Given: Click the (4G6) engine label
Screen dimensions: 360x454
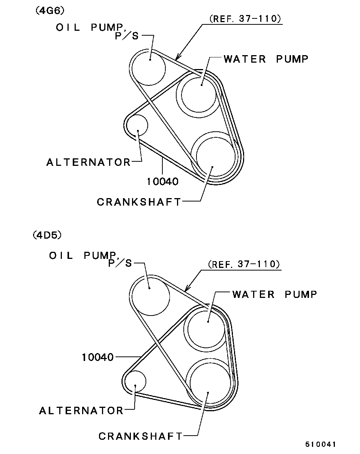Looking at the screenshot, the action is pyautogui.click(x=50, y=11).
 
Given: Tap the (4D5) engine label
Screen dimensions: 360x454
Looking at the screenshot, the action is pyautogui.click(x=47, y=235).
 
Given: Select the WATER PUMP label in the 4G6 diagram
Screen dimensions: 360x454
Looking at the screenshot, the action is pyautogui.click(x=266, y=59).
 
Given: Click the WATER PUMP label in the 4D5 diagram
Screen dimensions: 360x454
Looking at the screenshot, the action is pyautogui.click(x=274, y=295).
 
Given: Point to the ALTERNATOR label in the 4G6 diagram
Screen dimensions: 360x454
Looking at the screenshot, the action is pyautogui.click(x=88, y=162).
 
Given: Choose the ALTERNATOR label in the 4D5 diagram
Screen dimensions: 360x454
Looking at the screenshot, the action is pyautogui.click(x=81, y=411).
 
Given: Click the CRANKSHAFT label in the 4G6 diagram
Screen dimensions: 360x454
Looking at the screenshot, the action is pyautogui.click(x=139, y=202).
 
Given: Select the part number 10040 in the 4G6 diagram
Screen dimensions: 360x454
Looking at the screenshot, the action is pyautogui.click(x=163, y=182).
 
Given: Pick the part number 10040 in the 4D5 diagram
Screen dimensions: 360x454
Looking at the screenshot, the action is pyautogui.click(x=97, y=357).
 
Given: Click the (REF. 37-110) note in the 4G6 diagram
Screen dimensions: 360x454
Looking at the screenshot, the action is pyautogui.click(x=245, y=19).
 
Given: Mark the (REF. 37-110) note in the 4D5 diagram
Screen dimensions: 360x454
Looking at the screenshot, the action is pyautogui.click(x=244, y=264).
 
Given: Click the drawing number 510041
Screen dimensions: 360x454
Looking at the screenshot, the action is pyautogui.click(x=320, y=445).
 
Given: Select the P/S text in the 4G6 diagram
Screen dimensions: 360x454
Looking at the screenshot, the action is pyautogui.click(x=127, y=36).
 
